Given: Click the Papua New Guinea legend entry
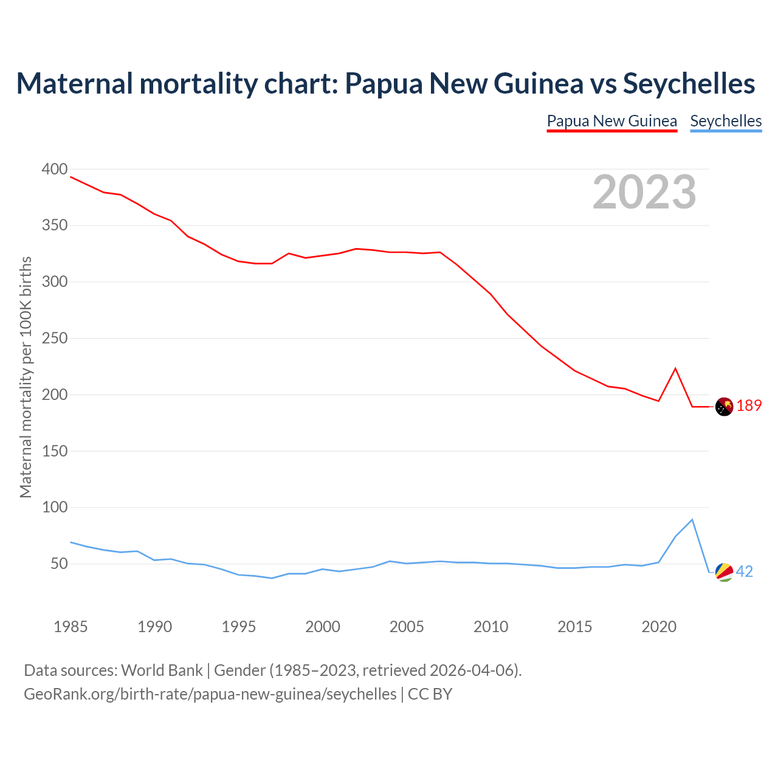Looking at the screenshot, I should click(x=611, y=121).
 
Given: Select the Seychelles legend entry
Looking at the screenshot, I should click(x=726, y=121).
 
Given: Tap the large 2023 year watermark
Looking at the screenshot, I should click(x=644, y=192).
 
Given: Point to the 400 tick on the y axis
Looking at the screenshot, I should click(x=55, y=169).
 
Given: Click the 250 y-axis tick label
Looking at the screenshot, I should click(x=55, y=339).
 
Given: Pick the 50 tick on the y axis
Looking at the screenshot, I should click(x=59, y=564).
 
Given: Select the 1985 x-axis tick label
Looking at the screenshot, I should click(x=71, y=627).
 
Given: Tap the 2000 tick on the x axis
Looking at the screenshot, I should click(x=323, y=627).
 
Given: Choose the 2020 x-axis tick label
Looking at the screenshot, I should click(x=659, y=627).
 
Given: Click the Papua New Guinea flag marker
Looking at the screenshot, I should click(x=724, y=407).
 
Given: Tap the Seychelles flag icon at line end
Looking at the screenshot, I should click(x=724, y=572).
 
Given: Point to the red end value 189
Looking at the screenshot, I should click(x=749, y=406).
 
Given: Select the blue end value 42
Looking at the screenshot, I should click(x=745, y=572).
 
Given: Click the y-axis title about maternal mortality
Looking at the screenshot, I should click(x=26, y=377).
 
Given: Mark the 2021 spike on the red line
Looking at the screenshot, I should click(x=675, y=368).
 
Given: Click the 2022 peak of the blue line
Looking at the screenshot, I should click(x=692, y=520).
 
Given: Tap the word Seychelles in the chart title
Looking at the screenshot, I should click(x=689, y=83).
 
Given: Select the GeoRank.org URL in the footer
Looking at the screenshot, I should click(x=210, y=694).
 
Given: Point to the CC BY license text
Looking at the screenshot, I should click(x=430, y=694).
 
